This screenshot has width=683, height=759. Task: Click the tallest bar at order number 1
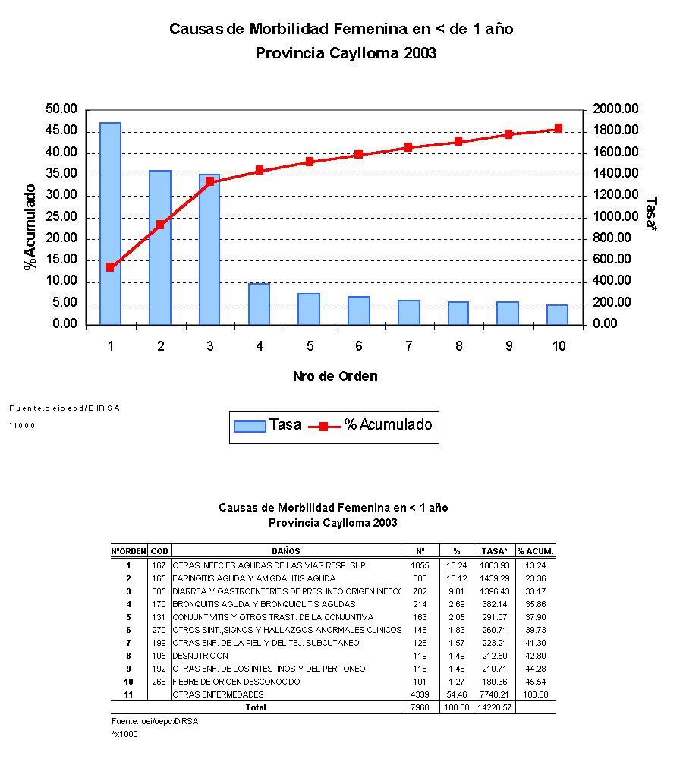coord(110,224)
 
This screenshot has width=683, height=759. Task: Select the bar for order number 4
coord(260,304)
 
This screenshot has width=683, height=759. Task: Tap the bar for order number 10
coord(559,314)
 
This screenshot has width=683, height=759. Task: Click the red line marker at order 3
coord(210,181)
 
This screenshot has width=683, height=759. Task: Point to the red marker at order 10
coord(559,128)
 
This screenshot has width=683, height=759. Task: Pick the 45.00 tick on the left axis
coord(61,131)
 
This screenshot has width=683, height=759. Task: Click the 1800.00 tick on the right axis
coord(616,131)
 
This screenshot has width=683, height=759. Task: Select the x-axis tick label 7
coord(409,346)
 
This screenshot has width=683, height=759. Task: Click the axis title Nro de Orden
coord(335,376)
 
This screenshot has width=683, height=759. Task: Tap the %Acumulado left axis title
coord(30,227)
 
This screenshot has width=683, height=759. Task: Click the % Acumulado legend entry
coord(372,425)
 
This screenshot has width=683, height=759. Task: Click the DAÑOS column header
coord(285,551)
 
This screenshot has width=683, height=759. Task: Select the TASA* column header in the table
coord(495,551)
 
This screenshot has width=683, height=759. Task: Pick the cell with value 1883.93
coord(495,565)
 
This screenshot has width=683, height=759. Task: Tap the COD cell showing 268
coord(159,682)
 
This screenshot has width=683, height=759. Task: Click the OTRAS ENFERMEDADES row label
coord(219,694)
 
